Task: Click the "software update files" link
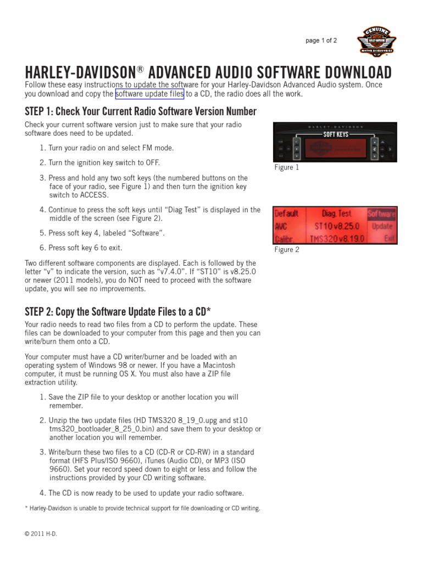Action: point(149,94)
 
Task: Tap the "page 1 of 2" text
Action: point(321,41)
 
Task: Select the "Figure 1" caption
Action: point(287,167)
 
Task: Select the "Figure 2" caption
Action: point(287,250)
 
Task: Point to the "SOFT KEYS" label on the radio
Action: point(336,134)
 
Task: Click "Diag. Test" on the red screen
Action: point(337,213)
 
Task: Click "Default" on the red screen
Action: point(286,213)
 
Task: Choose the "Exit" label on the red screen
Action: point(389,239)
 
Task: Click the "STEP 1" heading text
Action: point(140,111)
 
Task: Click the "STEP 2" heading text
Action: point(118,312)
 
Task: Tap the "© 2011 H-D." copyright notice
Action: point(41,533)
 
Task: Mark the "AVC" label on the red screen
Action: point(281,226)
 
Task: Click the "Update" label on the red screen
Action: point(382,226)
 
